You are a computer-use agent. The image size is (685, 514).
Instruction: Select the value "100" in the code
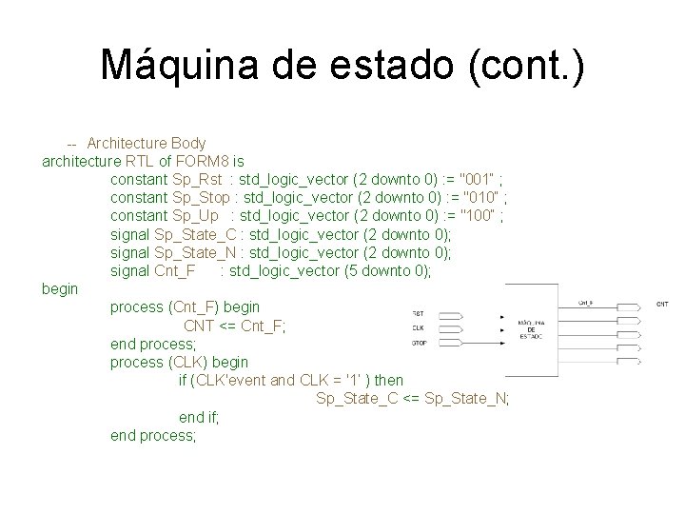(x=478, y=215)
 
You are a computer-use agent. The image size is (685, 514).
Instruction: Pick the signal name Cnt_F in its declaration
(x=174, y=270)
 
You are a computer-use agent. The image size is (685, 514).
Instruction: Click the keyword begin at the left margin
(x=60, y=288)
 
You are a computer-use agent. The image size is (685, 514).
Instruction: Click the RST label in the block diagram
(x=419, y=313)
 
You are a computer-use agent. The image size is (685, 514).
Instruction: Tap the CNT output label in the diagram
(x=662, y=304)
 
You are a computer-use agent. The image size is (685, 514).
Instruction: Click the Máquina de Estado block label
(x=531, y=329)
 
